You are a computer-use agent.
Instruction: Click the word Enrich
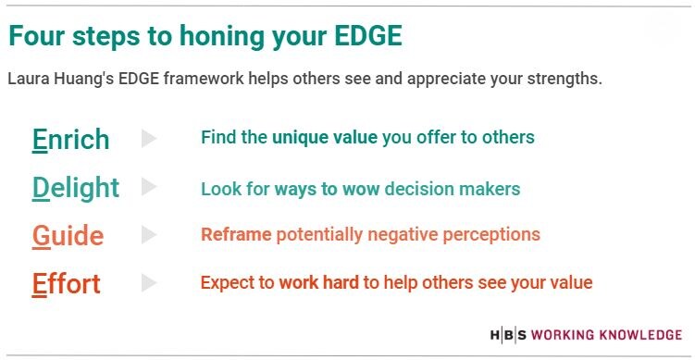point(70,140)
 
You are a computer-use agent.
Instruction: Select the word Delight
point(75,188)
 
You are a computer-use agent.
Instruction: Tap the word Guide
point(68,236)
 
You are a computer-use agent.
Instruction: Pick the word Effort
point(66,283)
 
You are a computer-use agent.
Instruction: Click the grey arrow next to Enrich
point(149,139)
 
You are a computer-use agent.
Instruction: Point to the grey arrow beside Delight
point(149,187)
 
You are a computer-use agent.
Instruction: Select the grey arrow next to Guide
point(149,235)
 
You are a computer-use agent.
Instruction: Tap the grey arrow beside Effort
point(149,283)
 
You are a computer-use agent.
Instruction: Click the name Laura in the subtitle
point(29,79)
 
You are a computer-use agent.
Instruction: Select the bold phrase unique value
point(324,138)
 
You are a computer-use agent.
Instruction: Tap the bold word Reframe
point(236,235)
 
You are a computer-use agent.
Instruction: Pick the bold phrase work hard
point(318,283)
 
